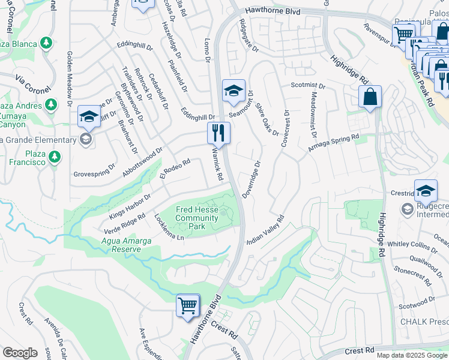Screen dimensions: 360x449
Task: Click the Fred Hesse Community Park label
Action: [x=197, y=218]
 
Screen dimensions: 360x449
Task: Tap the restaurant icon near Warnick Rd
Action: [x=218, y=133]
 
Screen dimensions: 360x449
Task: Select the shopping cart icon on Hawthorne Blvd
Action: [x=188, y=305]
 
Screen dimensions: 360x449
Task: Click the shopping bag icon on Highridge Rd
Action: [x=370, y=97]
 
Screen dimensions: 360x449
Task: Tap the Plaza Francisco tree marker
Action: [x=55, y=157]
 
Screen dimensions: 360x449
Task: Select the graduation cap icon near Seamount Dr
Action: [x=234, y=91]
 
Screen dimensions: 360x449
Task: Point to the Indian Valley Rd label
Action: [x=265, y=230]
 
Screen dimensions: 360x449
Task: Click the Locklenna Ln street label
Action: [x=169, y=228]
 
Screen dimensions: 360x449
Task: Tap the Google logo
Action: [x=20, y=353]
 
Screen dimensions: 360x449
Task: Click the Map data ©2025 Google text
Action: [x=412, y=355]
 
